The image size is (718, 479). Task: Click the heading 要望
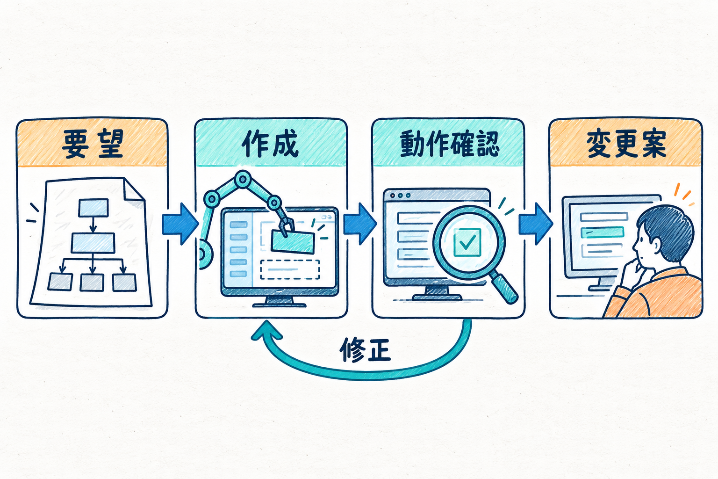[92, 144]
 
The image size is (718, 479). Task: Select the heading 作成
[270, 144]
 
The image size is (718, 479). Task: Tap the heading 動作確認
[449, 144]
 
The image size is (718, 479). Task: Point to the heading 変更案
[626, 144]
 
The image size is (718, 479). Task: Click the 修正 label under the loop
[365, 350]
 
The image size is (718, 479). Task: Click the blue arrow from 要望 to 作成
[180, 224]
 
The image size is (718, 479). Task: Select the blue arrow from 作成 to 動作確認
[359, 224]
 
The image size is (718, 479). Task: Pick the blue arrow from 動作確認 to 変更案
[536, 224]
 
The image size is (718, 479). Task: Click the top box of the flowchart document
[93, 208]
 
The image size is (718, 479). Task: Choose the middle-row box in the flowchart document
[93, 243]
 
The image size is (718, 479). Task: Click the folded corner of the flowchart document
[134, 190]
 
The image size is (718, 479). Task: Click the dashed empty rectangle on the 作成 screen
[290, 269]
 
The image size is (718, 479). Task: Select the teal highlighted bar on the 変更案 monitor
[602, 232]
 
